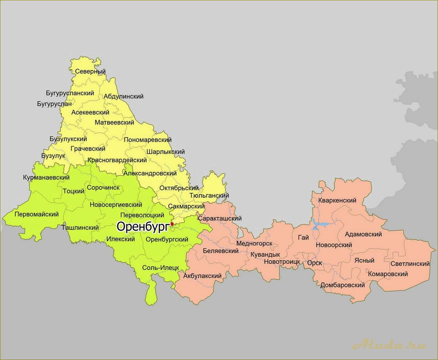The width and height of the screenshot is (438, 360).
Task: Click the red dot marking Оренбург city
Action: click(x=172, y=224)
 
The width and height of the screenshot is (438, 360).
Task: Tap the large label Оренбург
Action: click(x=142, y=227)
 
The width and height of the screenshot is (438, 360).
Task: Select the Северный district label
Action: click(x=90, y=71)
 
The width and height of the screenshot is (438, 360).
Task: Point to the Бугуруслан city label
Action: click(x=54, y=104)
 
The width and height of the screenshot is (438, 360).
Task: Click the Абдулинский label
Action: click(x=124, y=96)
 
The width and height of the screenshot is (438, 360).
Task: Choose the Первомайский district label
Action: click(x=36, y=214)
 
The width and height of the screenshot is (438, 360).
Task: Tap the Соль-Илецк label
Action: click(x=160, y=268)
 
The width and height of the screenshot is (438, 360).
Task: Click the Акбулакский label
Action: click(x=202, y=276)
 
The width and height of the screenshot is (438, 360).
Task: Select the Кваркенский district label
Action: click(x=337, y=200)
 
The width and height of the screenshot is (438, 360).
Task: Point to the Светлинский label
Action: click(x=410, y=264)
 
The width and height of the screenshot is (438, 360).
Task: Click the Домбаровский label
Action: click(x=343, y=285)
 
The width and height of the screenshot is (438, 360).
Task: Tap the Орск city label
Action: click(x=314, y=263)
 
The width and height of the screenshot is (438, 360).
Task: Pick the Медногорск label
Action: click(x=254, y=243)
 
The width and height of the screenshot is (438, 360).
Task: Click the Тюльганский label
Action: click(x=209, y=196)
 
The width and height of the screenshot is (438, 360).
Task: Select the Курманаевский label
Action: click(x=46, y=178)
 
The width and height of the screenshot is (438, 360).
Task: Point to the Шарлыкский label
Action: click(x=165, y=152)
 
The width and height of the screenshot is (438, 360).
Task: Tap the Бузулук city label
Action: click(x=53, y=156)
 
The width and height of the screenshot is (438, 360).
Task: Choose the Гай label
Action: click(x=303, y=238)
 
